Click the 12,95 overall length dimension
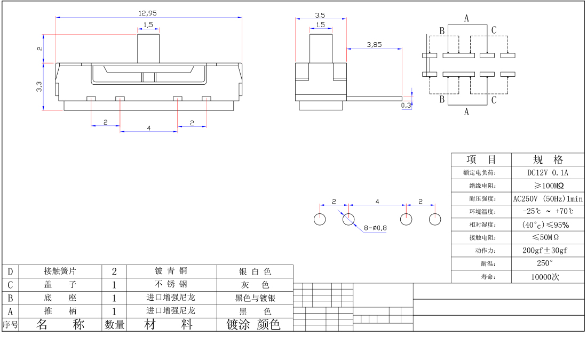(148, 13)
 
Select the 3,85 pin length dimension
(374, 45)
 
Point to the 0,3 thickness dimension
(406, 106)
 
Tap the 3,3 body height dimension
(39, 87)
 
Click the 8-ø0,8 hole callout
(375, 228)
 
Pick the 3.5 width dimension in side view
(320, 15)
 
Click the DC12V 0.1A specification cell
(548, 173)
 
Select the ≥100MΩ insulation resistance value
(548, 186)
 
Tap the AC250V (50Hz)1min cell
(548, 199)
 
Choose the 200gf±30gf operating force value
(548, 251)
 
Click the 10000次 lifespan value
(548, 277)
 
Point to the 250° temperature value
(548, 263)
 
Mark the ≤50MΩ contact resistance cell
(548, 237)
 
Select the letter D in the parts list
(10, 271)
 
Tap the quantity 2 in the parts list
(114, 271)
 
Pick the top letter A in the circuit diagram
(466, 19)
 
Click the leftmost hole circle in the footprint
(320, 219)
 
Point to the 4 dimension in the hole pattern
(377, 202)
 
